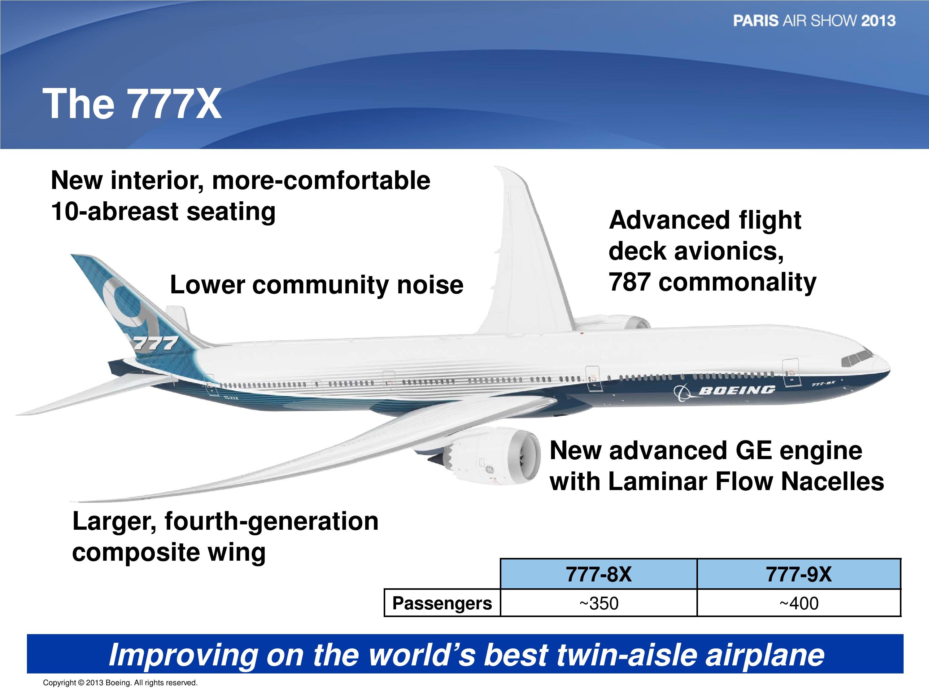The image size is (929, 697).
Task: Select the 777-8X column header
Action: pyautogui.click(x=599, y=574)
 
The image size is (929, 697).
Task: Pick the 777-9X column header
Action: pyautogui.click(x=799, y=574)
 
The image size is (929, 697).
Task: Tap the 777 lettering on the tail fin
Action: pyautogui.click(x=154, y=344)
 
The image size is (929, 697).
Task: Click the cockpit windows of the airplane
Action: pyautogui.click(x=857, y=358)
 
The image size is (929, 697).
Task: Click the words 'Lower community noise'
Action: pyautogui.click(x=316, y=285)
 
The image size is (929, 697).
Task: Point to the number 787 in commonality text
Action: pyautogui.click(x=630, y=282)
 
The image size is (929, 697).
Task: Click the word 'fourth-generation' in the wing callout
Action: pyautogui.click(x=271, y=521)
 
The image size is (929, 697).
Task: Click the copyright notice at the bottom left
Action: pyautogui.click(x=120, y=683)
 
